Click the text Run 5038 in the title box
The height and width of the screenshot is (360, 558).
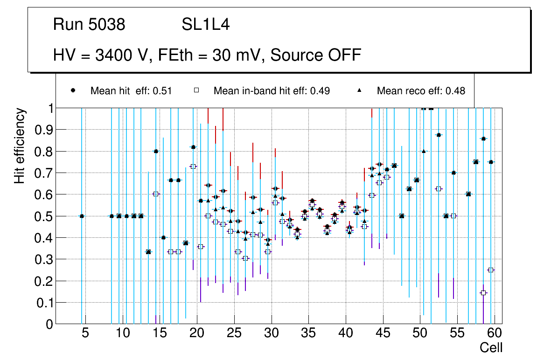[89, 25]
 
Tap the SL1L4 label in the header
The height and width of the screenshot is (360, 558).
[205, 25]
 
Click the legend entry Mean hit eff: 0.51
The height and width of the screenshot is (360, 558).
[131, 91]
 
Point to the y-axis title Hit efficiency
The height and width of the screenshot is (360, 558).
[20, 145]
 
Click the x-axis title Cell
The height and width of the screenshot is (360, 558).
[491, 347]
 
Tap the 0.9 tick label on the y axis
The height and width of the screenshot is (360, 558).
[42, 130]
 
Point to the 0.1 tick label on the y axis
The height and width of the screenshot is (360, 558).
[42, 303]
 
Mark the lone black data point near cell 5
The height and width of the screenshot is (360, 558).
[82, 216]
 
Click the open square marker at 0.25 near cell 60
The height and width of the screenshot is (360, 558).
[491, 270]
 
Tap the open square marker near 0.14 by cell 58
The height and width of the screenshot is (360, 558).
[483, 293]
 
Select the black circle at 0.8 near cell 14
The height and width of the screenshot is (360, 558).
[156, 151]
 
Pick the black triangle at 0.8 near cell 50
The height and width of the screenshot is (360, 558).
[424, 151]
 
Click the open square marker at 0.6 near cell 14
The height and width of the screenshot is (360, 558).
[156, 194]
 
